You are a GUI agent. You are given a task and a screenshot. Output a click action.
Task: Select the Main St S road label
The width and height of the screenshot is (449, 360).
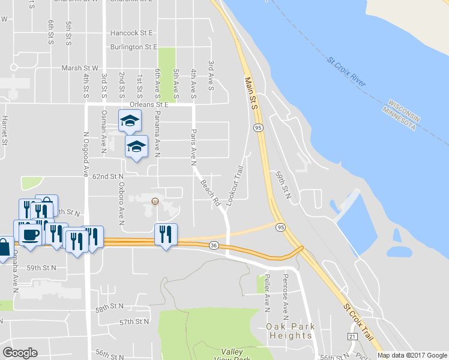coord(251,92)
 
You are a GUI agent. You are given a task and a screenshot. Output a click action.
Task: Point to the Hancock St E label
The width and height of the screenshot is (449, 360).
coord(131,32)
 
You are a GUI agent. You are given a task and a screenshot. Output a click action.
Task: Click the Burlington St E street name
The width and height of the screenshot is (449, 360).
coord(133,47)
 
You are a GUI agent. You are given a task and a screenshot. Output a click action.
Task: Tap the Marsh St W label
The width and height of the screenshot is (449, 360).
coord(79,68)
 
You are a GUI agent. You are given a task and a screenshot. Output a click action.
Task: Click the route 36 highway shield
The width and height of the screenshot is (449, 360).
coord(214,245)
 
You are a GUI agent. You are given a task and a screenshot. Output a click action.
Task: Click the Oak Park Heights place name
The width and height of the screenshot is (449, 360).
coord(289,331)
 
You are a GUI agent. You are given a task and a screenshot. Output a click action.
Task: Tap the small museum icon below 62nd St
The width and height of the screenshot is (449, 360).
coord(155,201)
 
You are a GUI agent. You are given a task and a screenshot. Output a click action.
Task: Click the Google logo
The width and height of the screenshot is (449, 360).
coord(20,353)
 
